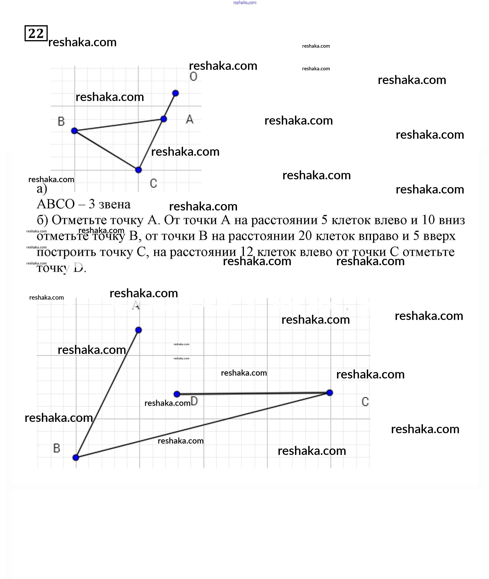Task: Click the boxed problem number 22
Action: [36, 33]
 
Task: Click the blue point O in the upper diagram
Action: [175, 93]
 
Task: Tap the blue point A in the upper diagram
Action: [164, 119]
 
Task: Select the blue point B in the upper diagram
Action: [74, 131]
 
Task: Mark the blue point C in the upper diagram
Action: [138, 170]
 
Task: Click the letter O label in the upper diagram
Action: [193, 77]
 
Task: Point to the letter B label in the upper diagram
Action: [61, 122]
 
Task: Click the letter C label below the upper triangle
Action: [153, 183]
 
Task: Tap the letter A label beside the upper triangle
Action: [190, 119]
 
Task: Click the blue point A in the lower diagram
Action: [139, 330]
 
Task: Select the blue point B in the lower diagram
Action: [76, 457]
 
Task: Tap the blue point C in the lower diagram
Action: [330, 393]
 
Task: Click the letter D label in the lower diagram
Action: [194, 401]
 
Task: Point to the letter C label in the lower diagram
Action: [365, 402]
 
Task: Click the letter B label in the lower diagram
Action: [57, 448]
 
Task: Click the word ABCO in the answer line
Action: [56, 204]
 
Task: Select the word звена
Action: [115, 205]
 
